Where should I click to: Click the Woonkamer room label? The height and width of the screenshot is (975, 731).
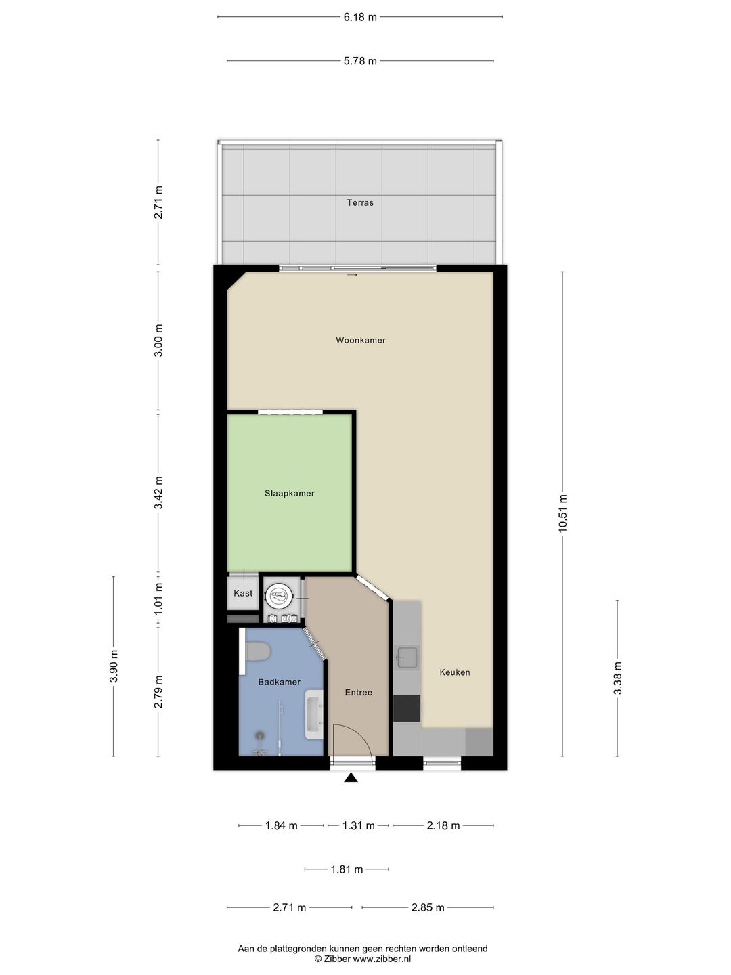point(360,341)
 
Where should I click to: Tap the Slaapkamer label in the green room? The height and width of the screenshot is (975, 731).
point(290,493)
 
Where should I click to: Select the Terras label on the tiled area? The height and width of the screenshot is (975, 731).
point(360,202)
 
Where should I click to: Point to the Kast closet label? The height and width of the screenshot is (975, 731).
point(243,593)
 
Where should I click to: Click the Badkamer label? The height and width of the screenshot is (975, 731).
point(279,682)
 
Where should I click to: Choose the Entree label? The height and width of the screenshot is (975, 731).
point(358,692)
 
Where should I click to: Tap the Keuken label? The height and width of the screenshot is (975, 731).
point(454,672)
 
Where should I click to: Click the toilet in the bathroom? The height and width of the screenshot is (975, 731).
point(257,651)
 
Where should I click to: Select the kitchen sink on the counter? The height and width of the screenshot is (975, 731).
point(407,657)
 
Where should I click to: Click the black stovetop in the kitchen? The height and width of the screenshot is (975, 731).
point(407,708)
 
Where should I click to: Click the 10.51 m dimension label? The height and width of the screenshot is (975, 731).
point(562,513)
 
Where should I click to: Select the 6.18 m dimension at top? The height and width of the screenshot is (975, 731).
point(360,18)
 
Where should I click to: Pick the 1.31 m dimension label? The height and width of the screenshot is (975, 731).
point(358,826)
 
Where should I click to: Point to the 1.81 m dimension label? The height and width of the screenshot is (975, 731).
point(347,869)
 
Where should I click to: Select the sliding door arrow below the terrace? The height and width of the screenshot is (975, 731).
point(351,275)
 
